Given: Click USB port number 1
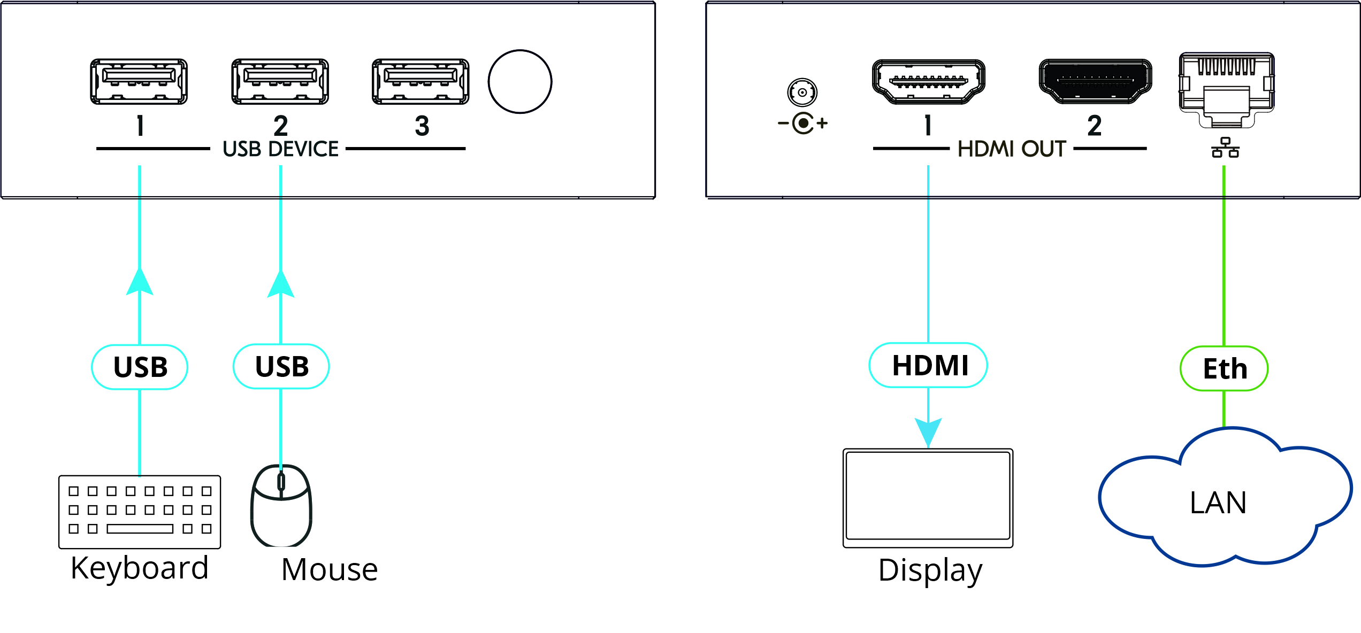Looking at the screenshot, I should [x=139, y=81].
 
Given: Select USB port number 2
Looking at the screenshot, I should [x=280, y=81].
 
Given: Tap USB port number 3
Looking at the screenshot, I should [x=420, y=81].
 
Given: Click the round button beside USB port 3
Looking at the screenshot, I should [x=519, y=82].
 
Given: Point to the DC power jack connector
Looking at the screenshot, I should [x=802, y=92].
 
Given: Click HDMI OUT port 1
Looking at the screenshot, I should [x=928, y=81].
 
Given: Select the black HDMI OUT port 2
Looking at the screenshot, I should [x=1095, y=81].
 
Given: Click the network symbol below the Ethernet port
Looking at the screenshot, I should [x=1225, y=148].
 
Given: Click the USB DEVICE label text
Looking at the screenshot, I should [x=280, y=149].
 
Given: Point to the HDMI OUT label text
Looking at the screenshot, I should [x=1012, y=149].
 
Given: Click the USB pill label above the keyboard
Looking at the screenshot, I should [x=140, y=367].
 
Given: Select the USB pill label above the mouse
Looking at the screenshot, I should [x=281, y=366].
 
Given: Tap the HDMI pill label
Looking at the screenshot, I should [x=928, y=365].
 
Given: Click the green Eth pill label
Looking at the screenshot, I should [x=1224, y=368].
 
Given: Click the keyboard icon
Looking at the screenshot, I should [x=140, y=512].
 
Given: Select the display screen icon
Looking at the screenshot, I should [x=928, y=498].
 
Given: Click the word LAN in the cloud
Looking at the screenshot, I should [x=1218, y=503].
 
